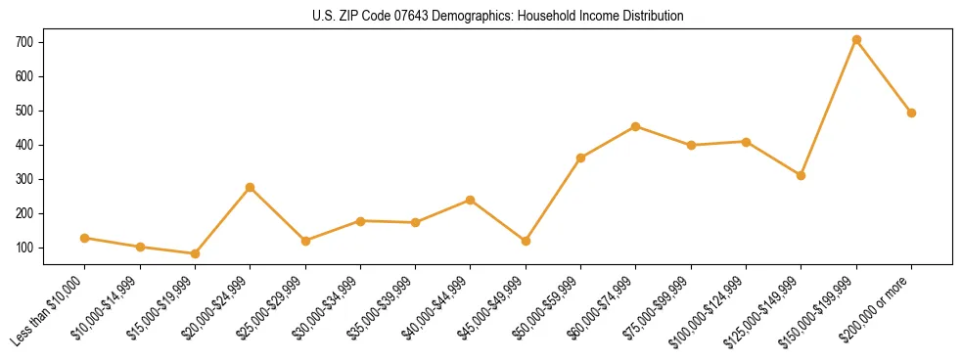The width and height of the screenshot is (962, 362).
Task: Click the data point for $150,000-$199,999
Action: [856, 40]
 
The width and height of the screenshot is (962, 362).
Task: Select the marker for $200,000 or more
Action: [911, 113]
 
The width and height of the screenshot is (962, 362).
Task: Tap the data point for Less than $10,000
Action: [85, 238]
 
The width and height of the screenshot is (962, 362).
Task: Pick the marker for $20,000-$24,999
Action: [251, 187]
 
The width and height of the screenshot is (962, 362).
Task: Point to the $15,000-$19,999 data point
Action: [195, 253]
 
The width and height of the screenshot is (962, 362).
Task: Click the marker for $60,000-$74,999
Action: [636, 126]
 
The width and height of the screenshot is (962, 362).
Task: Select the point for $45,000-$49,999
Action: [526, 241]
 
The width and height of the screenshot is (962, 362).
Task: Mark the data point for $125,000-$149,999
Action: [801, 176]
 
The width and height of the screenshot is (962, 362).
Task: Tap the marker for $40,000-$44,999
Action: [471, 200]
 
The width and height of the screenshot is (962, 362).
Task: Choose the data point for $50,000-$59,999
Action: [580, 158]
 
